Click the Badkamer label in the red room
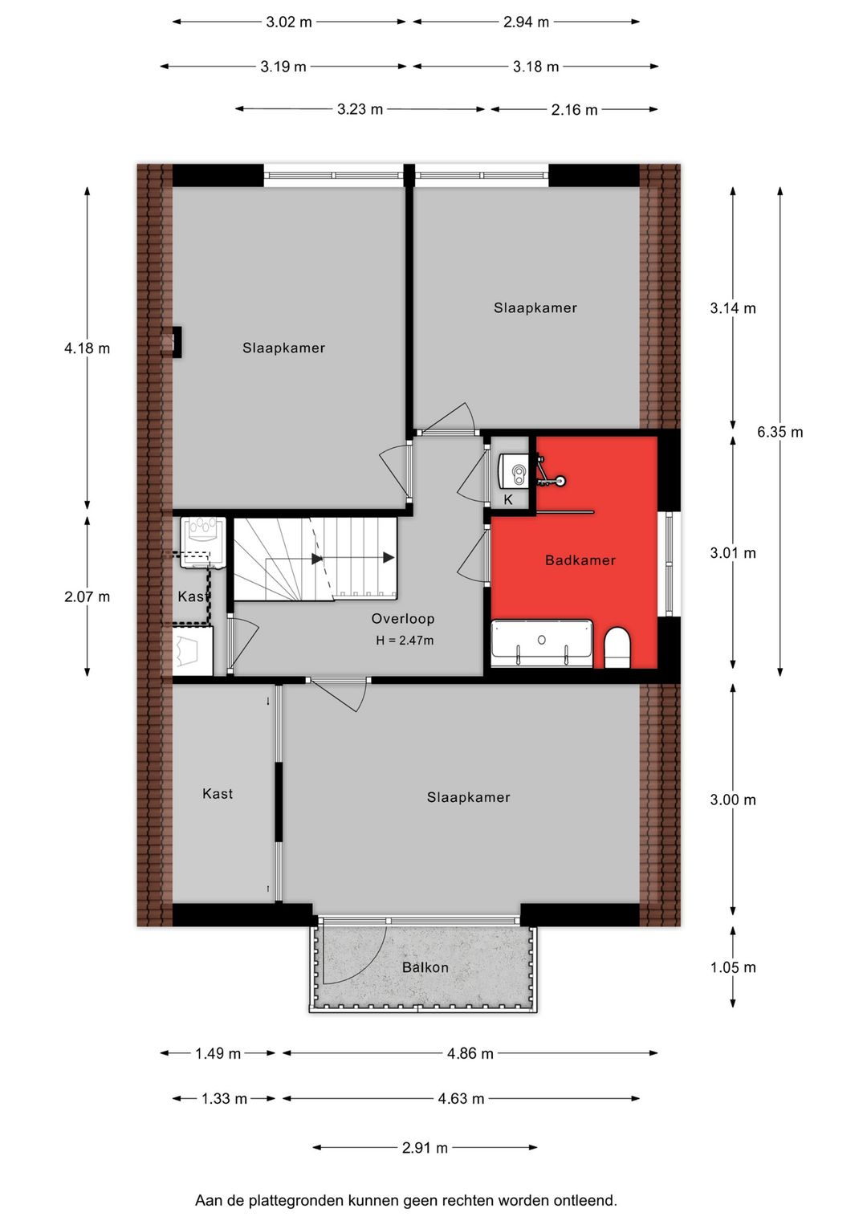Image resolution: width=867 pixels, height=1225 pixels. [580, 560]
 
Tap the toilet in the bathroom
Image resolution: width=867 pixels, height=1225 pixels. [617, 648]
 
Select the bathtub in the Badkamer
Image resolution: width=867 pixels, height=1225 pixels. [542, 643]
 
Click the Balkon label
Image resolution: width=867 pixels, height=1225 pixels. [425, 967]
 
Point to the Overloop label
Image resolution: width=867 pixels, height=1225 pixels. [403, 619]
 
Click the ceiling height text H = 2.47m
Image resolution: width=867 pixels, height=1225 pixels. [405, 641]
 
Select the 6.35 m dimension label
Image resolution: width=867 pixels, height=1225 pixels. [779, 432]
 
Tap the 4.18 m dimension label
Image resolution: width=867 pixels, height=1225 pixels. [87, 348]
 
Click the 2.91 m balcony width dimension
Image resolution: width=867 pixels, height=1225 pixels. [425, 1148]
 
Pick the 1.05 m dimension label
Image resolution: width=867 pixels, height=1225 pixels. [732, 967]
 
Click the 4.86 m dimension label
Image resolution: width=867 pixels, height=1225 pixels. [470, 1053]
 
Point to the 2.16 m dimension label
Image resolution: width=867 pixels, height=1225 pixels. [574, 110]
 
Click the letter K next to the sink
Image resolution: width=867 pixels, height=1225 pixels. [508, 500]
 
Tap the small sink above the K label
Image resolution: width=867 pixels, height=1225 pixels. [514, 470]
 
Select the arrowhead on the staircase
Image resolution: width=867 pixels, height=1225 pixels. [389, 558]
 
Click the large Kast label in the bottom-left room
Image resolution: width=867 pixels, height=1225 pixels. [218, 794]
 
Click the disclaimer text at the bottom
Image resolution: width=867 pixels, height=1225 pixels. [405, 1201]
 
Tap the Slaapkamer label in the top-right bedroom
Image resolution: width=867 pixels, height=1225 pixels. [535, 308]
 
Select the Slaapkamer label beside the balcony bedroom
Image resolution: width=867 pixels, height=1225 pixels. [468, 797]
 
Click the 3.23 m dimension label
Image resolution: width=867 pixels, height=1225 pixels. [360, 109]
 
